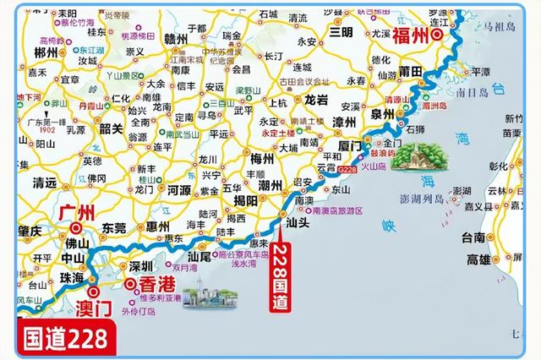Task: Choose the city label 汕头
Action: coord(298,224)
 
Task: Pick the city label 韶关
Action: coord(112,129)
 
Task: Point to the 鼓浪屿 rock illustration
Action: coord(412,161)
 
